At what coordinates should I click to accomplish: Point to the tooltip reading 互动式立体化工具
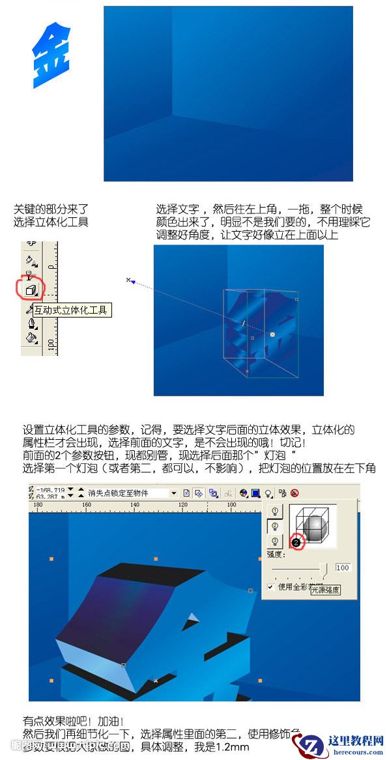(x=72, y=310)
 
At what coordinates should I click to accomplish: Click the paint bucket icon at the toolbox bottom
(x=31, y=338)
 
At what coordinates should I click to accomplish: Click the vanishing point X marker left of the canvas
(x=128, y=280)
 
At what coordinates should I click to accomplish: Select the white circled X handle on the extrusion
(x=272, y=334)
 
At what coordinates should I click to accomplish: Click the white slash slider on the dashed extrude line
(x=242, y=323)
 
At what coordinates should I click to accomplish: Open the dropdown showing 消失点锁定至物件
(x=174, y=493)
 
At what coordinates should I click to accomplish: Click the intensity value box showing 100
(x=343, y=567)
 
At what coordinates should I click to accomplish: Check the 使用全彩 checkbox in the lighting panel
(x=270, y=587)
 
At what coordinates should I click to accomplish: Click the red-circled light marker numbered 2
(x=296, y=541)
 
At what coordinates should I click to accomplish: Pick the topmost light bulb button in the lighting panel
(x=274, y=511)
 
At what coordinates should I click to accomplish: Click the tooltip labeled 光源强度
(x=324, y=590)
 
